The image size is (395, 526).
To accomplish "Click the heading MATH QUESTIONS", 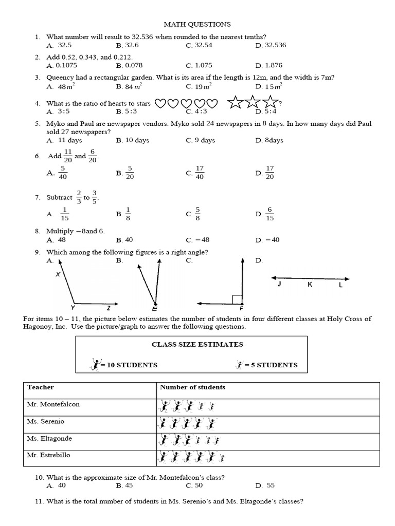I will [197, 24].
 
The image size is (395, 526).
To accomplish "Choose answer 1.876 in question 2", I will [275, 65].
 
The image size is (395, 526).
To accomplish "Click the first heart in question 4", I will [160, 104].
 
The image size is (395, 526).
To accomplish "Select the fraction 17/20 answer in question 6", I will [270, 173].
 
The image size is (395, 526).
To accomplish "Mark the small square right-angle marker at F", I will [237, 299].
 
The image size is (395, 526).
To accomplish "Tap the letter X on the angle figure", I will [58, 275].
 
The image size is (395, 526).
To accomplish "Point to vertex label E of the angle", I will [154, 309].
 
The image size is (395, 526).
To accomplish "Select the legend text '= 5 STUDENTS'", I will [271, 365].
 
